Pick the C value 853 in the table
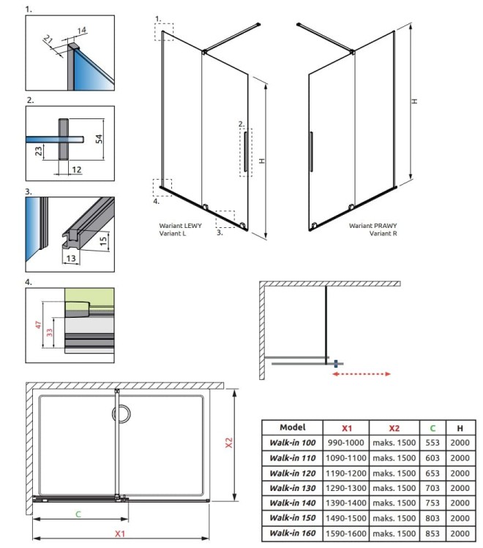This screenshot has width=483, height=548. pos(432,533)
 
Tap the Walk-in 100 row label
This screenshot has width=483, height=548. pos(293,443)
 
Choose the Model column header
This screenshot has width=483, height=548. pos(293,427)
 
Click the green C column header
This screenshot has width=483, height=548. pos(432,427)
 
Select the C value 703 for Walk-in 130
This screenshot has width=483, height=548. pos(432,488)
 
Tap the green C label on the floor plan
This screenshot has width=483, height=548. pos(78,514)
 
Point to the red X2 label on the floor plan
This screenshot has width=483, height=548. pos(228,443)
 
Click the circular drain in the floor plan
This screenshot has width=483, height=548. pos(124,414)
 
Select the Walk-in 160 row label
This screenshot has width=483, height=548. pos(293,533)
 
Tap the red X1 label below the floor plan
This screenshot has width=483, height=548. pos(119,534)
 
